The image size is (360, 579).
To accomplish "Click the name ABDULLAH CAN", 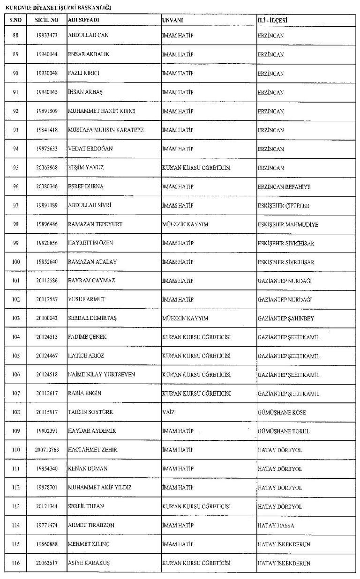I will [x=89, y=36].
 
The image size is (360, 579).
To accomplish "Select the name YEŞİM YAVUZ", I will [x=86, y=168].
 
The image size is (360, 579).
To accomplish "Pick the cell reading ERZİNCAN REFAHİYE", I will [x=284, y=186].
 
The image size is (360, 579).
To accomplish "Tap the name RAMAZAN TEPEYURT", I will [x=95, y=224].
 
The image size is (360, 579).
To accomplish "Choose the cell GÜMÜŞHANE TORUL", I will [x=284, y=431].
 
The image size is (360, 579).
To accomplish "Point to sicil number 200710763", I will [x=47, y=450].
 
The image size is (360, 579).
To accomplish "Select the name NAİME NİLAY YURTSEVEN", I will [x=104, y=375].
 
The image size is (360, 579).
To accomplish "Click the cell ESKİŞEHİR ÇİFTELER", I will [x=283, y=205].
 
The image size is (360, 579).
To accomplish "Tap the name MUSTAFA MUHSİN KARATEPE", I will [x=105, y=130].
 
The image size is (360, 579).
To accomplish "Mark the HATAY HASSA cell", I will [x=276, y=525].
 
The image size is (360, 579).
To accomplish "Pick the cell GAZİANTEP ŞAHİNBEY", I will [x=286, y=318].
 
